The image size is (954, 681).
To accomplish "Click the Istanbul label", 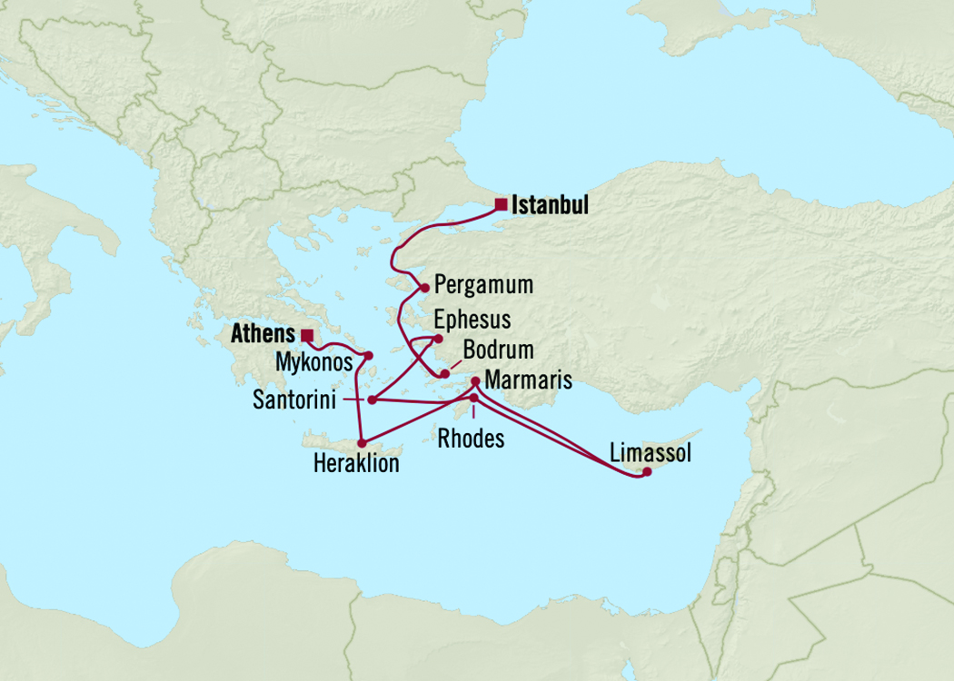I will point(550,205).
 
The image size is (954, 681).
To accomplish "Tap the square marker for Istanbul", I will point(501,204).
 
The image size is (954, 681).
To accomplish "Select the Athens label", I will point(263,334).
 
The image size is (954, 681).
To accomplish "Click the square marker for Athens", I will point(307,334).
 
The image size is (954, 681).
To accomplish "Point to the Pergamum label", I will point(483,285).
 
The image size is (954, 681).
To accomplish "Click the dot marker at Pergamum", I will point(424,289).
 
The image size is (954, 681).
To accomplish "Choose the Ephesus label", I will point(472,320).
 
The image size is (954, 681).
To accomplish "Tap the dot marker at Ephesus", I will point(439,340).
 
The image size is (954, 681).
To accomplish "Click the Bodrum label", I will point(498,350).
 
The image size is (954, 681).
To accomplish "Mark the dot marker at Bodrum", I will point(445,373).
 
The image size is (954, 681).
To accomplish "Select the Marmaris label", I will point(529,380).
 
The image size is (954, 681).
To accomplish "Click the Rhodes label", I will point(471,439).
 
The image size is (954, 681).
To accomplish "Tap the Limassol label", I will point(651,453).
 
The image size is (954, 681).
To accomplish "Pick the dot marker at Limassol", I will point(647,471).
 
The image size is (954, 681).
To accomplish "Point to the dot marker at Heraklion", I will point(362,443).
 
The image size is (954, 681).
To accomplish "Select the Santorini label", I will point(292,400).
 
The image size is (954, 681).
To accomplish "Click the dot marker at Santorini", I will point(372,400).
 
